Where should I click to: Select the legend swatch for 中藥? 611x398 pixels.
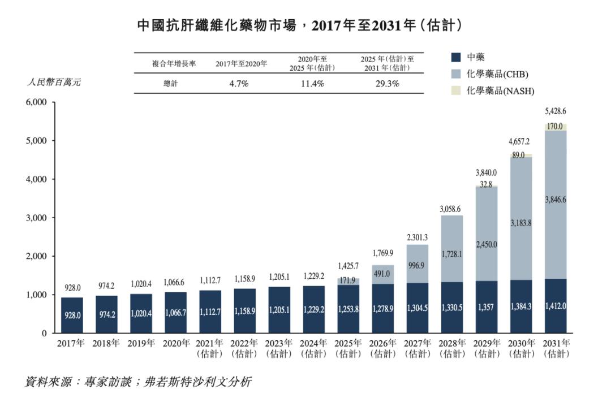coord(455,57)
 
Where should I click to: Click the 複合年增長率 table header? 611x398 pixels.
coord(174,64)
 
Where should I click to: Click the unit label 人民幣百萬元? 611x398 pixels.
coord(54,82)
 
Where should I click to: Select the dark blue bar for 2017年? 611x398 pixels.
coord(72,315)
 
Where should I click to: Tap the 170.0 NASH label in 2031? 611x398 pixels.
coord(555,127)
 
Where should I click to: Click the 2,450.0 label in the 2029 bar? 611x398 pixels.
coord(486,244)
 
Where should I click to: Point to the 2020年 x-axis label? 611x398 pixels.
coord(176,343)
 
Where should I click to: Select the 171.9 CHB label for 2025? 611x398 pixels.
coord(348,281)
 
